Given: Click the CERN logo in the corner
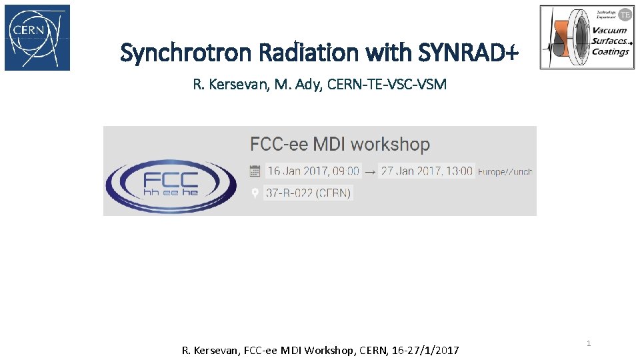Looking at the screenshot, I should tap(37, 37).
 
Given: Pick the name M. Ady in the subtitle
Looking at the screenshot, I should tap(299, 85).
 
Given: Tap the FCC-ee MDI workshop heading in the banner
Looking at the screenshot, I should tap(340, 144).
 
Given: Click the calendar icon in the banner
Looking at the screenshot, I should tap(255, 171).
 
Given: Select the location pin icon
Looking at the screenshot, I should tap(255, 193).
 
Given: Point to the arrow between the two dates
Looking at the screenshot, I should tap(370, 171).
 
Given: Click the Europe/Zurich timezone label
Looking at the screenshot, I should tap(505, 172).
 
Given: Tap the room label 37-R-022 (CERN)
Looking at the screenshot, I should tap(308, 193).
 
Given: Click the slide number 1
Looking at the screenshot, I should tap(589, 343).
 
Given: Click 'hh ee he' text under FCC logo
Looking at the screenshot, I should tap(171, 192).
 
